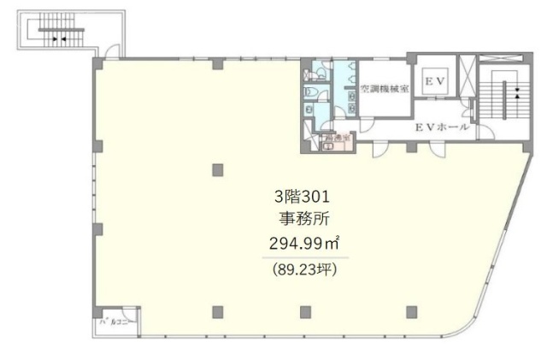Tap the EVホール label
coord(442,127)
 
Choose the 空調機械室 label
coord(384,88)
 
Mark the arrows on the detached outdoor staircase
coord(58,38)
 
